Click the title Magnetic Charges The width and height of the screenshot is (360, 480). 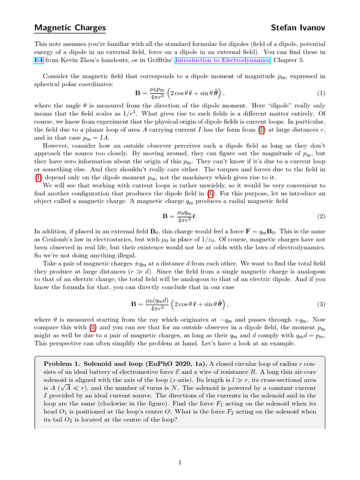click(70, 28)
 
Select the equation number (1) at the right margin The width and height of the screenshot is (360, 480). click(321, 93)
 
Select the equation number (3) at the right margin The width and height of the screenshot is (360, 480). click(321, 304)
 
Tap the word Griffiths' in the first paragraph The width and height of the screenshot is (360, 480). click(159, 60)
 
